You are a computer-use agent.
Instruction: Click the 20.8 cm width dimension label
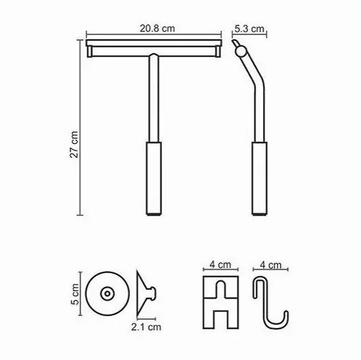pyautogui.click(x=157, y=28)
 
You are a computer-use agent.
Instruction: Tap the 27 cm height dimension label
pyautogui.click(x=74, y=145)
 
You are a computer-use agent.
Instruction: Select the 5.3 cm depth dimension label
pyautogui.click(x=249, y=28)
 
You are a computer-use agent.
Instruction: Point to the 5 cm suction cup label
pyautogui.click(x=75, y=294)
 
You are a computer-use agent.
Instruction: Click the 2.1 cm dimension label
pyautogui.click(x=146, y=327)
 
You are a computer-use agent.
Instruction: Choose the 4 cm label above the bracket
pyautogui.click(x=221, y=264)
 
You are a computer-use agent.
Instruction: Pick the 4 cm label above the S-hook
pyautogui.click(x=270, y=265)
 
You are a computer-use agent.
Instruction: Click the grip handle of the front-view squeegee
pyautogui.click(x=153, y=178)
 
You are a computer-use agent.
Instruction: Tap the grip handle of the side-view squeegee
pyautogui.click(x=259, y=178)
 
